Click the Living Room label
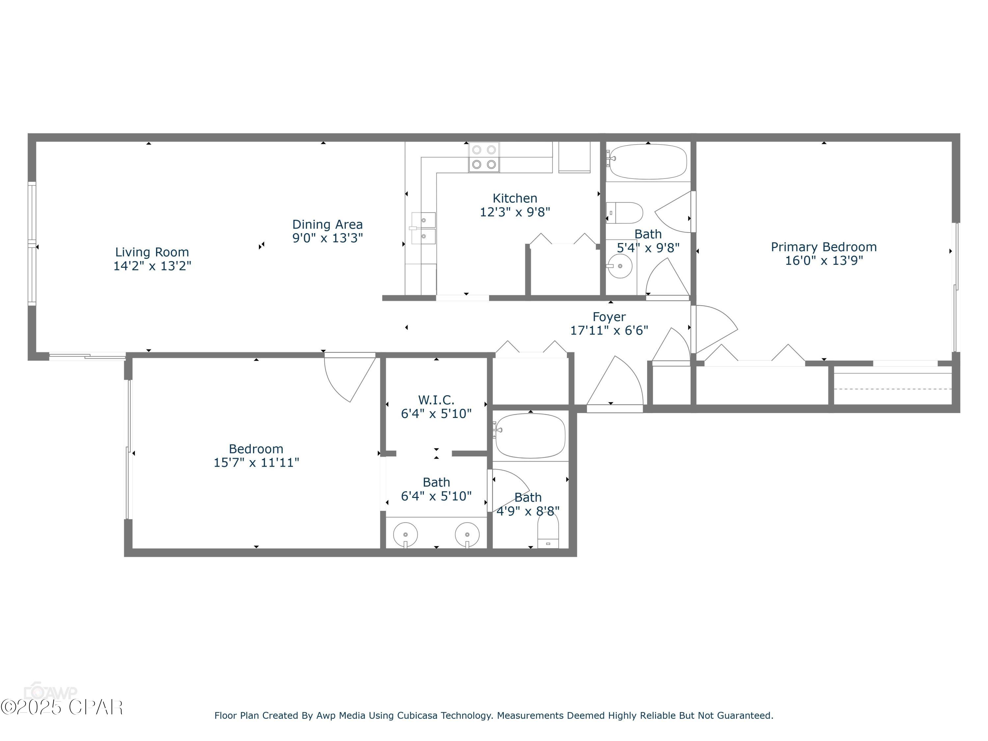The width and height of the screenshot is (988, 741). pyautogui.click(x=152, y=252)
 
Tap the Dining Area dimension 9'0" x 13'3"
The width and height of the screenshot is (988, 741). pyautogui.click(x=327, y=238)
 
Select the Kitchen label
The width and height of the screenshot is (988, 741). pyautogui.click(x=514, y=198)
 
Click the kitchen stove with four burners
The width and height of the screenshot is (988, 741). pyautogui.click(x=484, y=157)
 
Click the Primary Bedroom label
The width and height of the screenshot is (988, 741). pyautogui.click(x=823, y=247)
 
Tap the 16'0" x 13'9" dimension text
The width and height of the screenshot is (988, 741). pyautogui.click(x=823, y=261)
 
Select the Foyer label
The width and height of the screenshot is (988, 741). pyautogui.click(x=609, y=317)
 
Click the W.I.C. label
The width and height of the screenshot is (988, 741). pyautogui.click(x=436, y=400)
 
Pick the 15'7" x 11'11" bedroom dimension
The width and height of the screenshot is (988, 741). pyautogui.click(x=256, y=462)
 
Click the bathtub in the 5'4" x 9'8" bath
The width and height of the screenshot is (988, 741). pyautogui.click(x=648, y=161)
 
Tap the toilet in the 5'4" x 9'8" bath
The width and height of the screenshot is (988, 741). pyautogui.click(x=625, y=213)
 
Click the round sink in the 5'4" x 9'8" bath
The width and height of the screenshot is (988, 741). pyautogui.click(x=620, y=266)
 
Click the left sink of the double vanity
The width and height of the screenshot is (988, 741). pyautogui.click(x=405, y=534)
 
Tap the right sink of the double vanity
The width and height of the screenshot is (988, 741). pyautogui.click(x=467, y=534)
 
